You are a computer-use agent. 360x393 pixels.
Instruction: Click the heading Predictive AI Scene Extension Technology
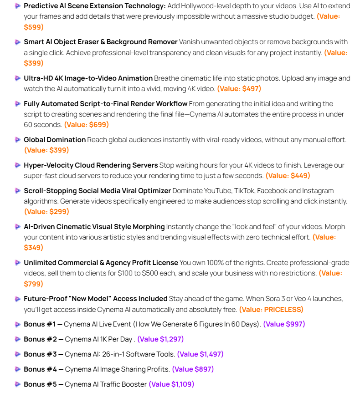[x=94, y=6]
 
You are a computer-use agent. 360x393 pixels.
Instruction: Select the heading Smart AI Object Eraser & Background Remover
[x=100, y=42]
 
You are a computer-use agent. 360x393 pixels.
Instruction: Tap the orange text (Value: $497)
[x=239, y=88]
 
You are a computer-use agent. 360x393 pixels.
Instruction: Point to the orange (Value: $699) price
[x=86, y=124]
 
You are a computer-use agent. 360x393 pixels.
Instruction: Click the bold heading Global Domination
[x=55, y=139]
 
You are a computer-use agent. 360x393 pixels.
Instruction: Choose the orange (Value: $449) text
[x=288, y=175]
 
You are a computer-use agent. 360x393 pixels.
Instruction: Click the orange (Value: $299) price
[x=46, y=211]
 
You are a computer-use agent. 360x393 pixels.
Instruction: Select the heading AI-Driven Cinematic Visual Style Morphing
[x=94, y=226]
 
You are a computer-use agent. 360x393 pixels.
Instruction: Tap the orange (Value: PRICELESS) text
[x=271, y=309]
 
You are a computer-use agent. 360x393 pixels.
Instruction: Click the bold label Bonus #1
[x=40, y=324]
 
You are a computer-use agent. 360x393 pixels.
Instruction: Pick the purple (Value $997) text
[x=284, y=324]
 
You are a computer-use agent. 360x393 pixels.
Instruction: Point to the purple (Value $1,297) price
[x=160, y=339]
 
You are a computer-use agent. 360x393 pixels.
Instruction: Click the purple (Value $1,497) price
[x=200, y=354]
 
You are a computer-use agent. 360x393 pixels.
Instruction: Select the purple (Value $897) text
[x=193, y=369]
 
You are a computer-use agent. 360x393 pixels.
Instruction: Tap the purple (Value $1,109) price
[x=171, y=384]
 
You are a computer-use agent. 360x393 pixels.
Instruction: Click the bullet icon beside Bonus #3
[x=17, y=354]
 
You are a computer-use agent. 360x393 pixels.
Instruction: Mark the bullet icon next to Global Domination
[x=17, y=139]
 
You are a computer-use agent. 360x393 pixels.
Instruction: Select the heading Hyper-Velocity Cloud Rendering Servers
[x=91, y=165]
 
